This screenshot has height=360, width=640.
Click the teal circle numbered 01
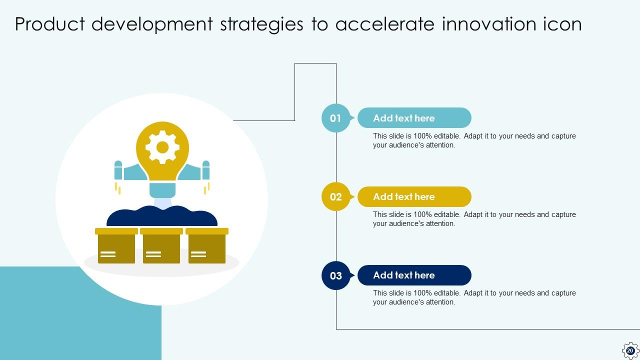click(335, 118)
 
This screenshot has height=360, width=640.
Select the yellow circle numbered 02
click(335, 196)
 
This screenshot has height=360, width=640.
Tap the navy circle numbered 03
click(335, 275)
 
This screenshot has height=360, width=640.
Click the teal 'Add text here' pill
click(414, 117)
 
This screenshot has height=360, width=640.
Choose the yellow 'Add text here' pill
click(414, 196)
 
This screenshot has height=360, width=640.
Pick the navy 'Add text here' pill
click(414, 275)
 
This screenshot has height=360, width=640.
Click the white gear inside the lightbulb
click(162, 147)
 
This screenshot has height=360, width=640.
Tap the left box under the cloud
click(116, 245)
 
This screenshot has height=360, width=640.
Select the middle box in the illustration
click(161, 245)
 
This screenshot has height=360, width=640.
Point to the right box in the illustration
click(207, 245)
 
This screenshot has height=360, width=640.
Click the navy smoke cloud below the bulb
click(162, 216)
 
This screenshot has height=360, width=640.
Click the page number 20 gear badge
click(630, 350)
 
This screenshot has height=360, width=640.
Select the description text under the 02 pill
click(474, 219)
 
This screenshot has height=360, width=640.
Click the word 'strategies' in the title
click(261, 24)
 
